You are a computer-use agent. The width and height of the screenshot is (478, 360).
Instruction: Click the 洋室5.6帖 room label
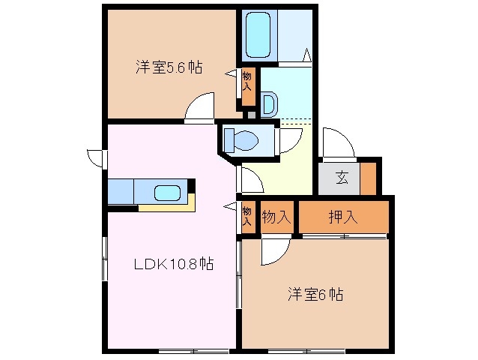[168, 67]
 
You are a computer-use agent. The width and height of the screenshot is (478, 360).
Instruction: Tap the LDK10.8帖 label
[174, 263]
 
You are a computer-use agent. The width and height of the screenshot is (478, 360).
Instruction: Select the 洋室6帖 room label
[315, 295]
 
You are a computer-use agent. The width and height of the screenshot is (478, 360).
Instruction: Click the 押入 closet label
[343, 217]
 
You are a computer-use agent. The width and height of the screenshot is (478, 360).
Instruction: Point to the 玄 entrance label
[342, 178]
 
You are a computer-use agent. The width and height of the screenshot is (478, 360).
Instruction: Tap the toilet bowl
[244, 139]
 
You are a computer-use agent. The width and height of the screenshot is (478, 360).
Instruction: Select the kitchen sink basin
[169, 193]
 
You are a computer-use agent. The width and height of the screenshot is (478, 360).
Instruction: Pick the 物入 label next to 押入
[276, 217]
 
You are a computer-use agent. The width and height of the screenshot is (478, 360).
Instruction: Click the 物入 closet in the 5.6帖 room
[248, 86]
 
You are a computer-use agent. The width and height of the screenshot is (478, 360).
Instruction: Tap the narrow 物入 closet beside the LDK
[246, 217]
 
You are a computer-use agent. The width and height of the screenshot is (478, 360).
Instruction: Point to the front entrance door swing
[334, 143]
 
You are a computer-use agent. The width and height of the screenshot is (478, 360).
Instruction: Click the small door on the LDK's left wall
[95, 158]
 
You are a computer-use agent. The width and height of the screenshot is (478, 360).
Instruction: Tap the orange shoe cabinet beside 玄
[368, 178]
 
